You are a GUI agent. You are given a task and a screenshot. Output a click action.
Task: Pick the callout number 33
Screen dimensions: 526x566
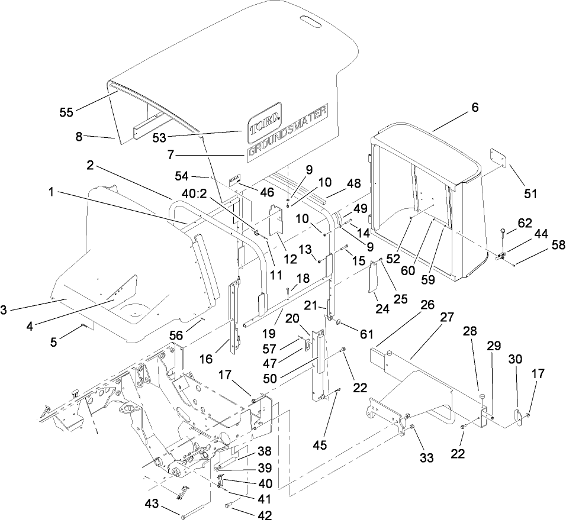coord(426,457)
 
